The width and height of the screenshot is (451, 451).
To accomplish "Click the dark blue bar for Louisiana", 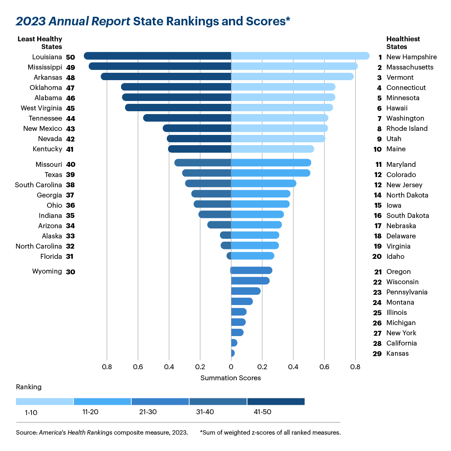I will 157,56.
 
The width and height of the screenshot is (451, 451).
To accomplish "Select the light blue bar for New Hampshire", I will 300,56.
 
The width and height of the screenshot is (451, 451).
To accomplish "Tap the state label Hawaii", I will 397,108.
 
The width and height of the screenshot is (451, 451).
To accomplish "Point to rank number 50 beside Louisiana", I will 70,57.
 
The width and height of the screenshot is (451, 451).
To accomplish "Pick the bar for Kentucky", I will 200,149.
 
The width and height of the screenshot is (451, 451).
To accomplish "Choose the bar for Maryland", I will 271,163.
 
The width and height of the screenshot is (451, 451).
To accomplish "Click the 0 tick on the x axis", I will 231,367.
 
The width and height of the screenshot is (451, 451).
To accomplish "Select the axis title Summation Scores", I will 231,378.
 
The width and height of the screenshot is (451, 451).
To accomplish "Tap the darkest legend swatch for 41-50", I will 276,402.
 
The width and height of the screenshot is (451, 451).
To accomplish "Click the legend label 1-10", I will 31,412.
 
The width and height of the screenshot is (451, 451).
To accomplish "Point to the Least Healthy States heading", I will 40,43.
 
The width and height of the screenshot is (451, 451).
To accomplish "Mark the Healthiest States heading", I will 403,43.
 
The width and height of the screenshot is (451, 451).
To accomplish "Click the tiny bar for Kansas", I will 233,353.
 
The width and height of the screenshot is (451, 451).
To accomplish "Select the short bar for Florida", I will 229,256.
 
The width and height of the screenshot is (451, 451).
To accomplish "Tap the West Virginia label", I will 41,108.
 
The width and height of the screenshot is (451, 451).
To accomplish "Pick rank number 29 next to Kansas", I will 377,354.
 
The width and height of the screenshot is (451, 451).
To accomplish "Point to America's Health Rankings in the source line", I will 76,433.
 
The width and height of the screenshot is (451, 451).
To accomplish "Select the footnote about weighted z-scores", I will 270,433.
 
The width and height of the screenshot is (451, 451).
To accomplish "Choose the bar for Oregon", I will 251,270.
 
